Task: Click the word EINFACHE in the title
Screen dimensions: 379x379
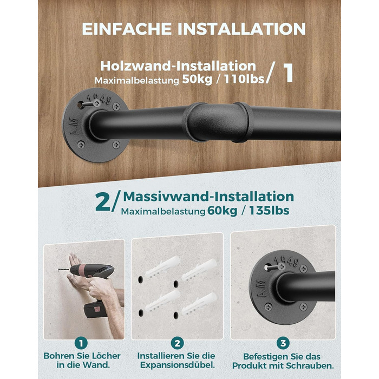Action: pyautogui.click(x=127, y=29)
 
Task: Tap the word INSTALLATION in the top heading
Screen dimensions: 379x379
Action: pyautogui.click(x=241, y=29)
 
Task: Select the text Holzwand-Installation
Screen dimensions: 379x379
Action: pyautogui.click(x=178, y=66)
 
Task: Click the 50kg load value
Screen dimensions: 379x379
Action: pyautogui.click(x=197, y=79)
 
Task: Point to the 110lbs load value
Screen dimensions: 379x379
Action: pyautogui.click(x=244, y=79)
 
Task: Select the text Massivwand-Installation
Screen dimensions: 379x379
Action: pyautogui.click(x=208, y=196)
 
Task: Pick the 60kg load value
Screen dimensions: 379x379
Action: pyautogui.click(x=222, y=211)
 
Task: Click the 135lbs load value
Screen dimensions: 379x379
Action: pyautogui.click(x=269, y=210)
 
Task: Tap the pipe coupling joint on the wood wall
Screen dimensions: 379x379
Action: pyautogui.click(x=219, y=122)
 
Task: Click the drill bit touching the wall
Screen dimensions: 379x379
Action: pyautogui.click(x=64, y=270)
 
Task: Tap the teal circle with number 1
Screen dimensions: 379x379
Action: pyautogui.click(x=81, y=343)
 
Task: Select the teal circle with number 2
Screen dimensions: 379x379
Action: pyautogui.click(x=177, y=343)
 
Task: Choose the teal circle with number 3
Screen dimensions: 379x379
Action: pyautogui.click(x=283, y=343)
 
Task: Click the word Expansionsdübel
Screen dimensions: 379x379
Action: pyautogui.click(x=178, y=365)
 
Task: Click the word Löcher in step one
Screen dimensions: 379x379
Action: pyautogui.click(x=105, y=356)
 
